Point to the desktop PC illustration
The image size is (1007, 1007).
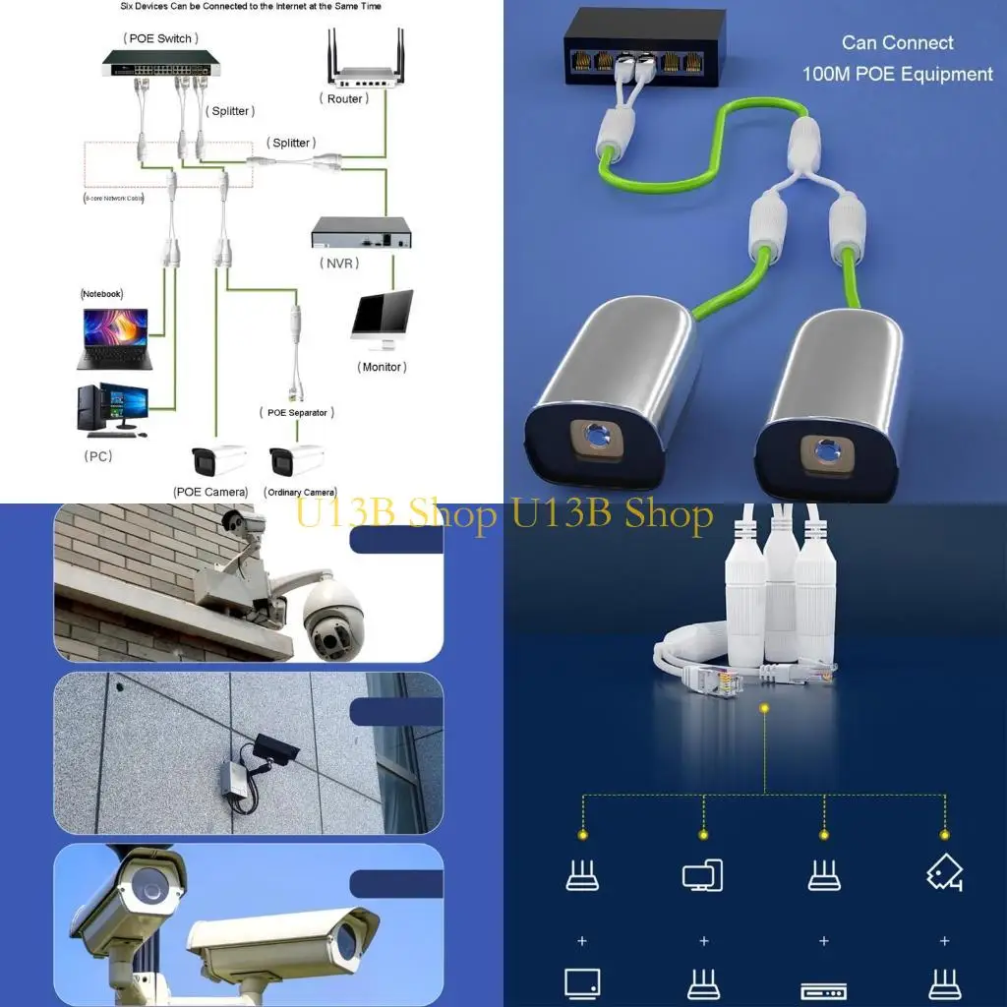point(112,409)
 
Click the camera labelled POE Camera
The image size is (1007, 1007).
point(218,460)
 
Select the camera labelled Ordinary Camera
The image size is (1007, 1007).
point(296,459)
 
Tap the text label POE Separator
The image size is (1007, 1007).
point(297,413)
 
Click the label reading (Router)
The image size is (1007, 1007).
point(344,99)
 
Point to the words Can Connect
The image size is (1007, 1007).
point(897,43)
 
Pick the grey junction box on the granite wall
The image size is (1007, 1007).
point(235,777)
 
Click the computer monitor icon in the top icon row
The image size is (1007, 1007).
point(702,874)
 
